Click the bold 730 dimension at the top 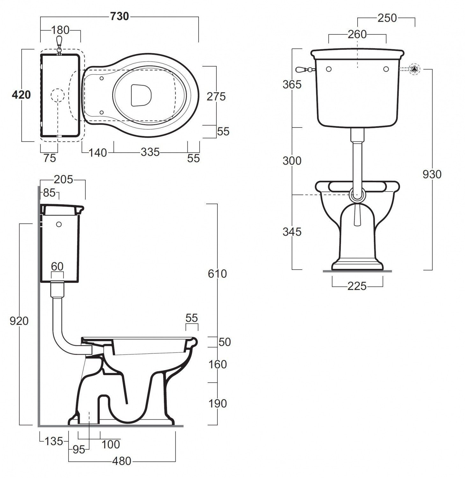click(120, 16)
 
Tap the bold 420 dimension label click(21, 95)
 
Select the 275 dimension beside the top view click(216, 96)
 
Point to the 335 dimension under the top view click(150, 152)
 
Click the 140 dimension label click(98, 153)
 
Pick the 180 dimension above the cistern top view click(60, 30)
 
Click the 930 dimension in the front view click(432, 174)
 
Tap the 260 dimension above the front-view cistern click(357, 34)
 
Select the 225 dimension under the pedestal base click(357, 286)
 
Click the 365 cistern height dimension click(292, 84)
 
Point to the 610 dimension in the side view click(217, 273)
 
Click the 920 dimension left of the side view click(19, 321)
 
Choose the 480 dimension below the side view click(122, 461)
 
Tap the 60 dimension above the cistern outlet click(57, 266)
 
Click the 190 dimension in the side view click(217, 403)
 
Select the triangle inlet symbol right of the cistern click(414, 69)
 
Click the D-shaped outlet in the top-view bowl click(141, 95)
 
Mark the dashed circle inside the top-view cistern click(58, 95)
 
